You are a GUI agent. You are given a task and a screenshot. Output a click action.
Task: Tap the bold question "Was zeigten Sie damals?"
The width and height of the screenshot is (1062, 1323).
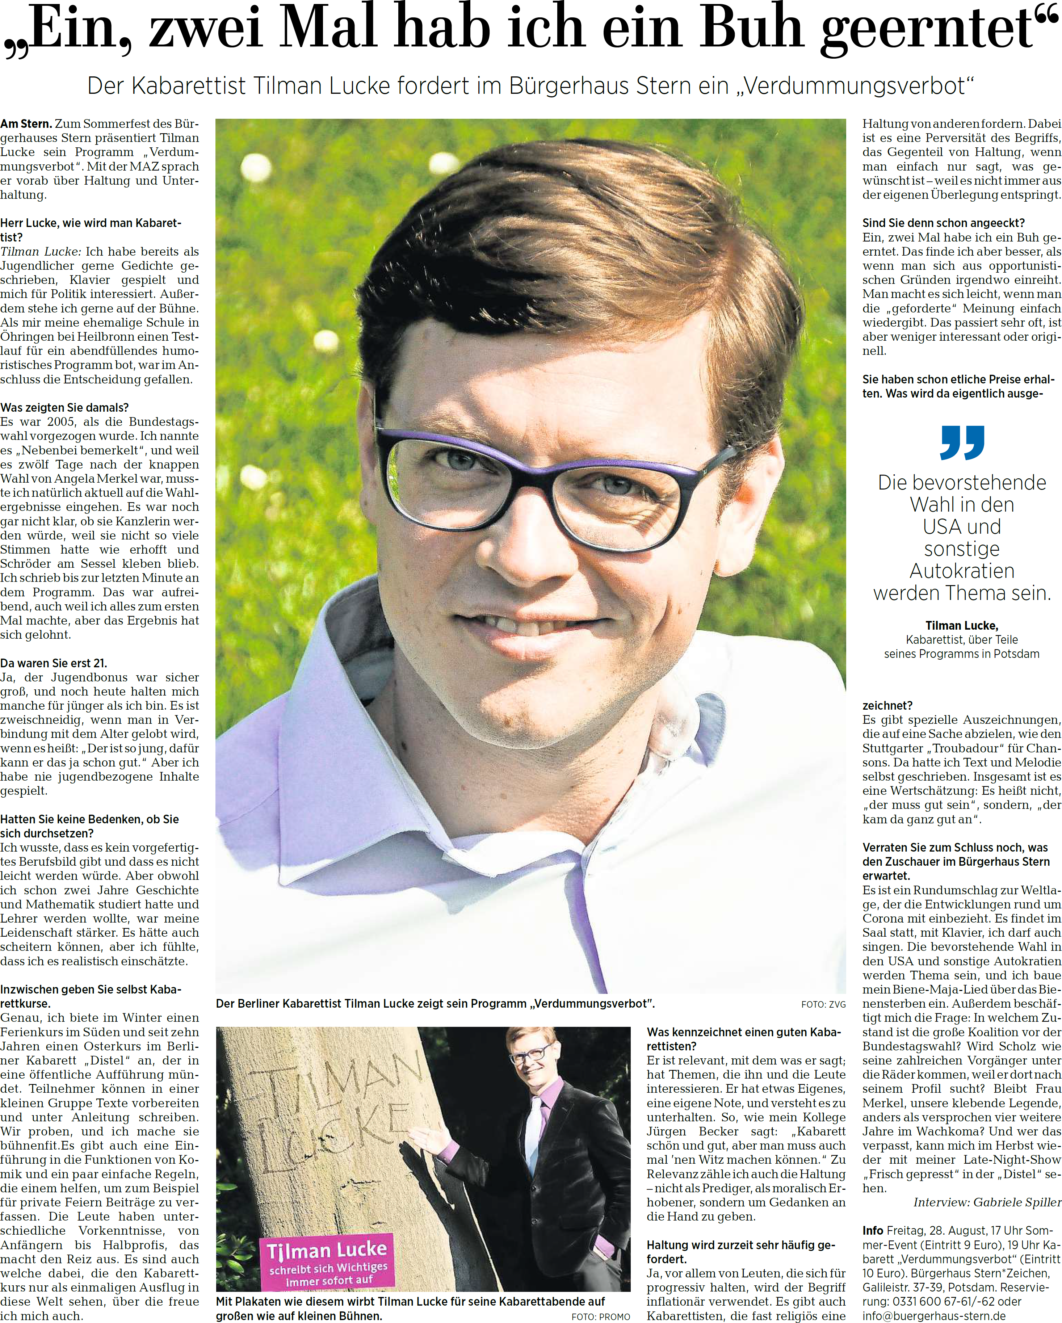click(x=64, y=407)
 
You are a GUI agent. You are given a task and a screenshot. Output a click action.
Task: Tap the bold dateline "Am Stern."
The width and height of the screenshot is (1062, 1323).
click(x=26, y=124)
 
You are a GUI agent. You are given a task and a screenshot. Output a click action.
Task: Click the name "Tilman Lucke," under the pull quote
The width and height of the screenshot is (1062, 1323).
click(x=961, y=625)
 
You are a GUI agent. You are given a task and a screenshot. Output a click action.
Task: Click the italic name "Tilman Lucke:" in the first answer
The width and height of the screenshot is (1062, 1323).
click(x=41, y=252)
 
